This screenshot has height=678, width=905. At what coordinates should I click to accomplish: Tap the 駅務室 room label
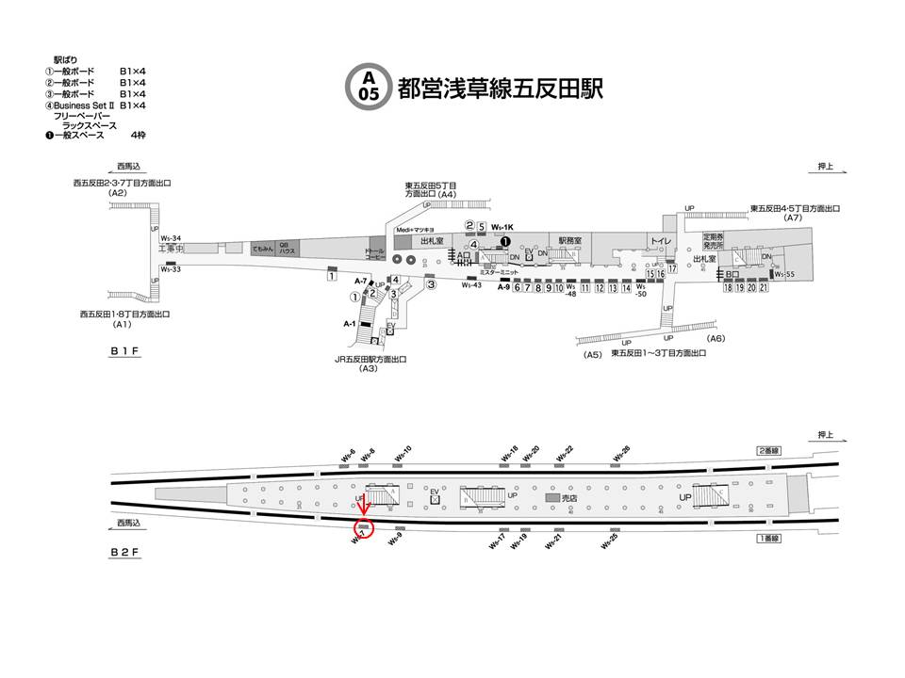pos(570,240)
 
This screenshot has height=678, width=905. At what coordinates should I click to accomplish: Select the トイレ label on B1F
pos(662,242)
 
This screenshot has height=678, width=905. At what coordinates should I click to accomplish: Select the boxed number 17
pos(673,269)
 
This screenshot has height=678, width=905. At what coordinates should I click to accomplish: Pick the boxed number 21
pos(764,288)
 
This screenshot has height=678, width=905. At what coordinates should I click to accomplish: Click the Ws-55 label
pos(784,274)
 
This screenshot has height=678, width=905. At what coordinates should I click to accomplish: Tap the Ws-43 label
pos(471,285)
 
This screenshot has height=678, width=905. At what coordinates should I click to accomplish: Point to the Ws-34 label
pos(171,238)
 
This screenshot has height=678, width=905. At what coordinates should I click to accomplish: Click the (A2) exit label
pos(118,192)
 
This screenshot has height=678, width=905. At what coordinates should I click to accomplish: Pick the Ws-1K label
pos(502,227)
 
